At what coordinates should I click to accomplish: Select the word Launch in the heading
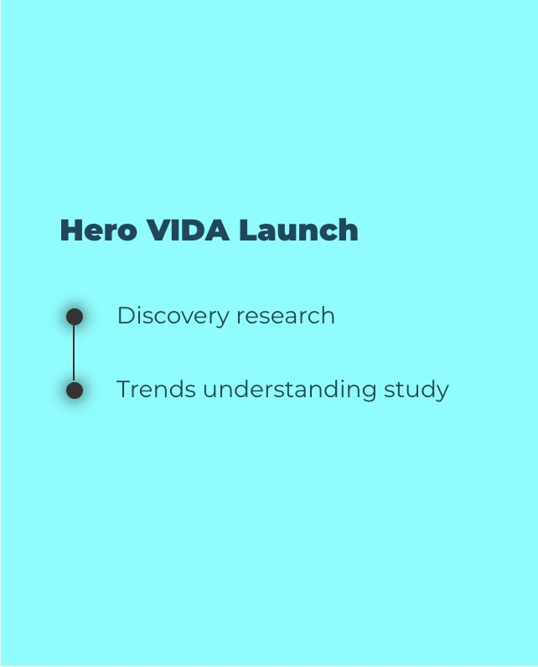298,230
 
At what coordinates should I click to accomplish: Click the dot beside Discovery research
75,317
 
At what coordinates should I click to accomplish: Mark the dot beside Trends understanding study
75,390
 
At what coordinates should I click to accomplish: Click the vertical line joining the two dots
74,354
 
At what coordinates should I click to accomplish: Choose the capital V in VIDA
158,230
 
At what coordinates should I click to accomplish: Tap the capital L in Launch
246,230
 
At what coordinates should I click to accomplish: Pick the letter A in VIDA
218,230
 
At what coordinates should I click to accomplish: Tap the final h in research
328,316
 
